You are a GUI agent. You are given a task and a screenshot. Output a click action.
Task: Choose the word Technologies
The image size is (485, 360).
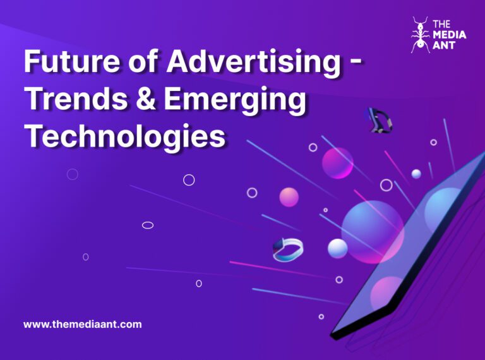124,136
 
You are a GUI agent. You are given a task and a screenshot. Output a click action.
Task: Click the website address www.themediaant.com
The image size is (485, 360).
83,325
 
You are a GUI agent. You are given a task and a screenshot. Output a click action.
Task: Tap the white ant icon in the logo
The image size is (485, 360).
419,35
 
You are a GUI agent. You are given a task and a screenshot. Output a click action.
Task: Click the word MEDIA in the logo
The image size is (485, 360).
449,35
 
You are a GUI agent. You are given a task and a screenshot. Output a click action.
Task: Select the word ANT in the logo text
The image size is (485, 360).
443,46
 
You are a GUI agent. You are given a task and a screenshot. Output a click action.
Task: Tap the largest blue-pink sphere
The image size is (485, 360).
372,231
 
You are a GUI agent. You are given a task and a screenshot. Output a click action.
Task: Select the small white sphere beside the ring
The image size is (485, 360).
337,248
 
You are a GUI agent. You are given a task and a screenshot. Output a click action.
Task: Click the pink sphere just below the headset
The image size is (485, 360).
337,163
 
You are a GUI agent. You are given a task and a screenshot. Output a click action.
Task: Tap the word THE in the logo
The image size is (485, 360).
441,25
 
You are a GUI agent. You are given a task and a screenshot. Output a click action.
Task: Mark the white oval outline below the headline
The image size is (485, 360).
148,225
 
